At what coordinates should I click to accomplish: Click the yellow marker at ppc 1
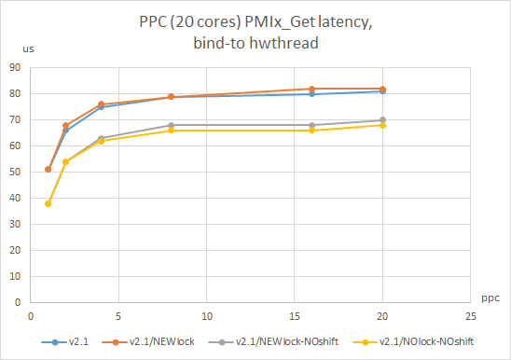tap(48, 203)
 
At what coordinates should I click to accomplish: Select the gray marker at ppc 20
tap(382, 120)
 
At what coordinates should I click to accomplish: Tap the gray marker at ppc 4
tap(101, 138)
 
